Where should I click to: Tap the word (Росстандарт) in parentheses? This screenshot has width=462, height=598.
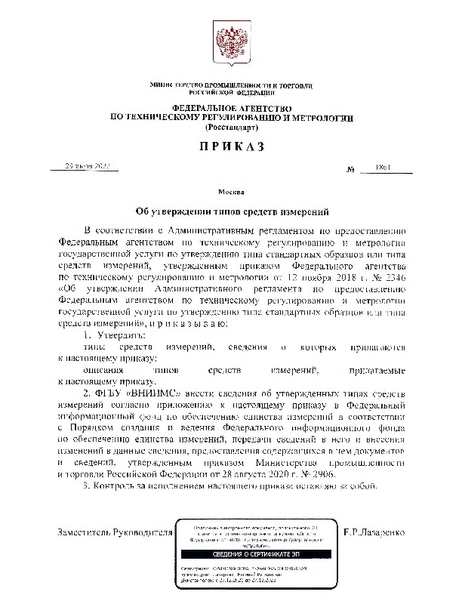[231, 128]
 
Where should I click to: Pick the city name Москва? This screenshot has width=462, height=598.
[230, 193]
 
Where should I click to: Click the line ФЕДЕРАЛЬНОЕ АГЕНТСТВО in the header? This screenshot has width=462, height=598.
[231, 109]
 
